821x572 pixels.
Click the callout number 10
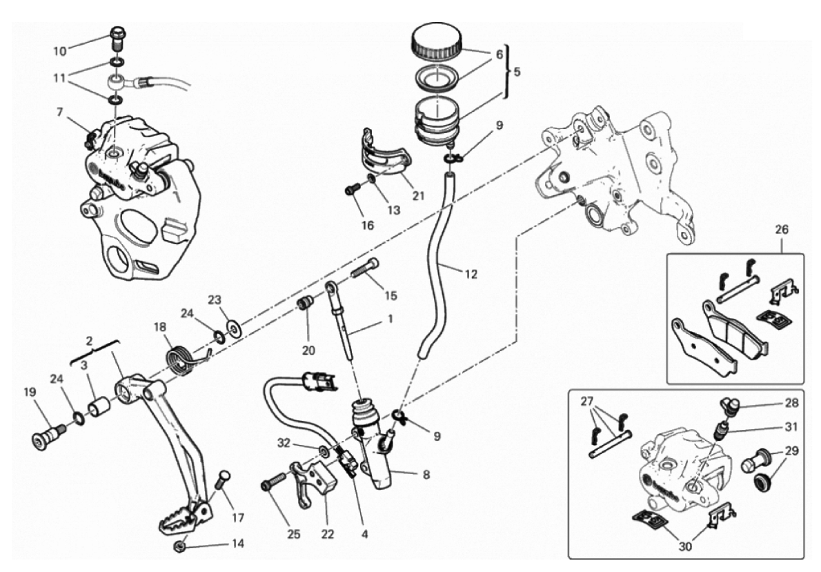[60, 51]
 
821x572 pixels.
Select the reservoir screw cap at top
[436, 43]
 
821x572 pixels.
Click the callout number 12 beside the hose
[471, 273]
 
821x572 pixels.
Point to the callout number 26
[782, 230]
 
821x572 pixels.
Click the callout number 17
[238, 517]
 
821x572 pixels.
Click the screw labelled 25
[273, 482]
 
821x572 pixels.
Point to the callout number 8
[426, 475]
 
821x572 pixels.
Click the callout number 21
[417, 197]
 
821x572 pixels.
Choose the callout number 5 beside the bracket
[517, 72]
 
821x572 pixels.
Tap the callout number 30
[685, 546]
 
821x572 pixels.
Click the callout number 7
[60, 112]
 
